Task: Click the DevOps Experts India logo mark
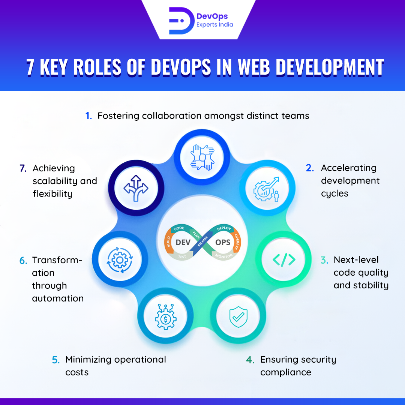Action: [x=180, y=20]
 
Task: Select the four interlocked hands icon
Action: [x=202, y=156]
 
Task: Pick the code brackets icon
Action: [x=284, y=259]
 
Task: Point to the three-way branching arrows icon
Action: [x=136, y=187]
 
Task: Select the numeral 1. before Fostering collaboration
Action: [x=88, y=116]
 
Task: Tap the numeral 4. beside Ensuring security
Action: [x=250, y=360]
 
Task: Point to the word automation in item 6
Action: [x=58, y=298]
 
